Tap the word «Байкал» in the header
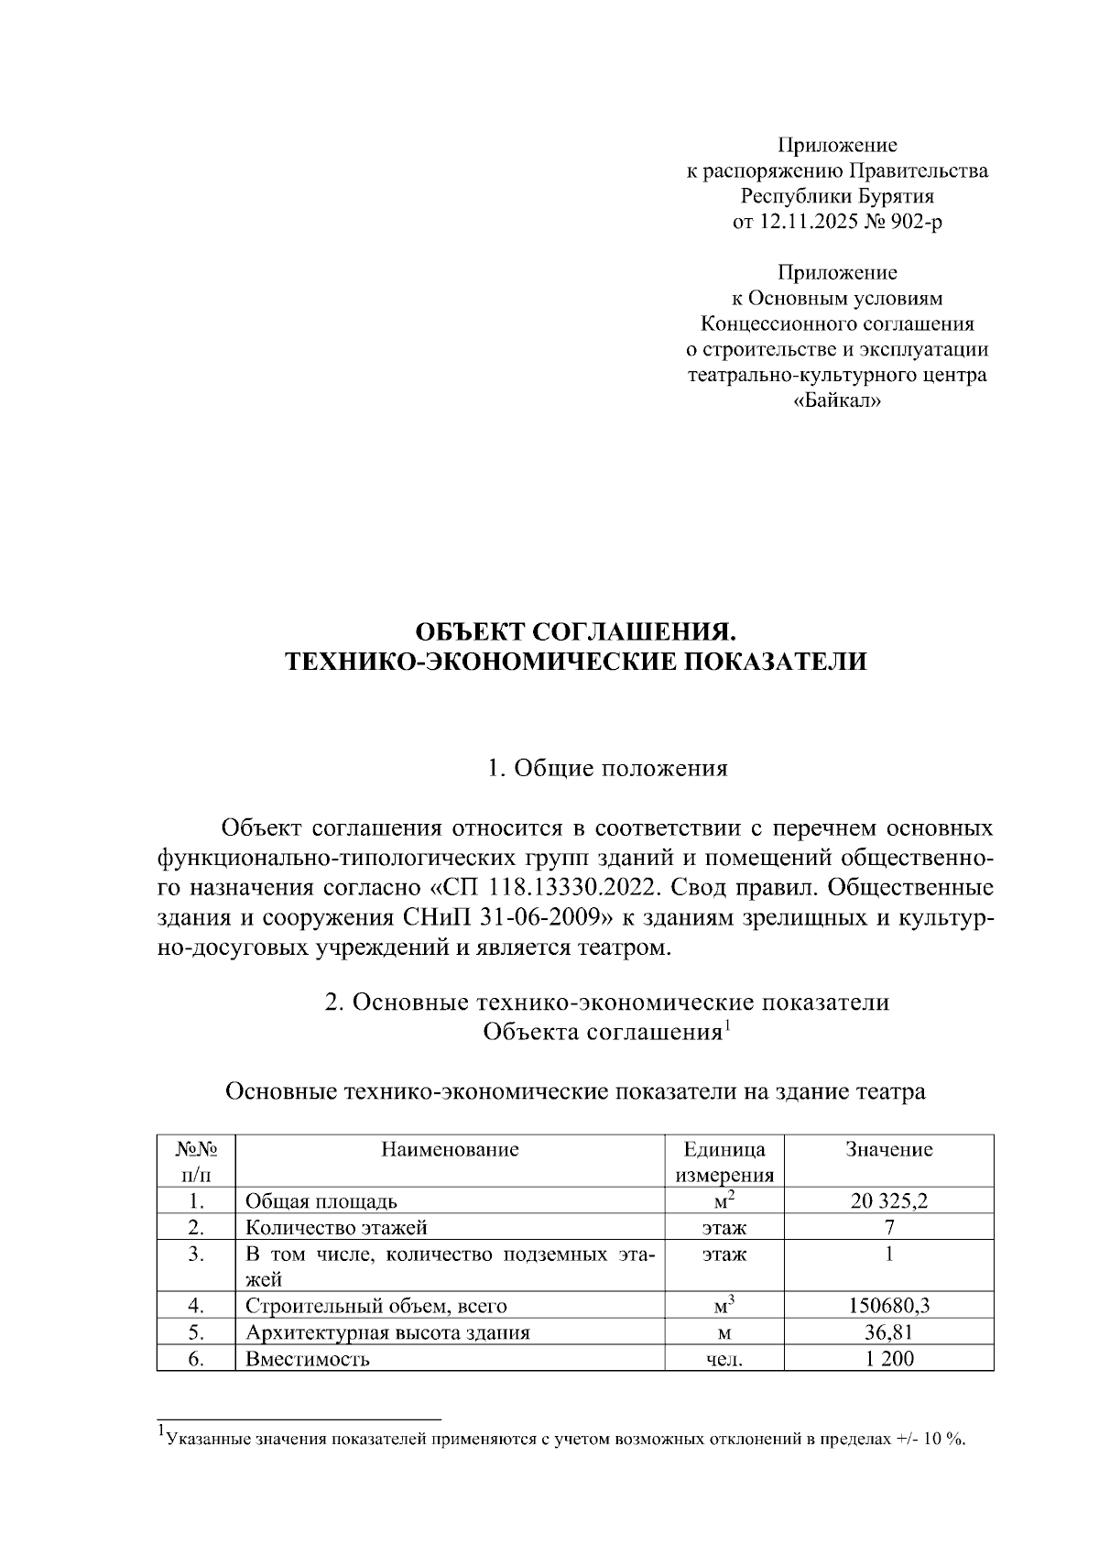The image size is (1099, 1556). click(837, 401)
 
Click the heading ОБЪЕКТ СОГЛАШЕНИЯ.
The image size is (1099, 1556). click(576, 632)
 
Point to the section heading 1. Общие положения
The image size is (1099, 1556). click(608, 768)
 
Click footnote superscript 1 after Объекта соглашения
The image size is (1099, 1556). click(727, 1025)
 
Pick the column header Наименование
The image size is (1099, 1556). click(450, 1149)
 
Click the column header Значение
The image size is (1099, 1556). click(888, 1149)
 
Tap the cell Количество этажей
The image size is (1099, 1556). click(336, 1228)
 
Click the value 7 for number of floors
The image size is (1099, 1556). click(889, 1228)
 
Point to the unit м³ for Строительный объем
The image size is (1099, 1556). click(724, 1304)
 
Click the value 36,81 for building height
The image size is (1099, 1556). click(888, 1332)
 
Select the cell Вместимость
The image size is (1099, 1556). click(307, 1359)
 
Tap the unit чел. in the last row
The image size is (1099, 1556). click(724, 1360)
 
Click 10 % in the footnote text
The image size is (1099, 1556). click(944, 1439)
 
